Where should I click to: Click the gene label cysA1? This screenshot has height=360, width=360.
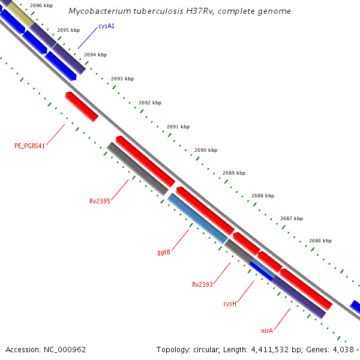(107, 26)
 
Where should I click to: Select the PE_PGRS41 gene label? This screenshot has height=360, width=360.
(30, 146)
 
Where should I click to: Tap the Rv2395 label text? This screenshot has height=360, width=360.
(100, 201)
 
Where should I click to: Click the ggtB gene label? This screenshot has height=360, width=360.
(164, 252)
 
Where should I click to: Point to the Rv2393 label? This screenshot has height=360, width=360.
(202, 284)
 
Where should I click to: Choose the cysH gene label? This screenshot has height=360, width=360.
(230, 304)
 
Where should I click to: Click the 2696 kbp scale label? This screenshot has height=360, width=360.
(41, 5)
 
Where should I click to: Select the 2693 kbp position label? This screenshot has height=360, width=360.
(122, 79)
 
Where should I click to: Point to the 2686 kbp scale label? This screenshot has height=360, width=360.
(320, 241)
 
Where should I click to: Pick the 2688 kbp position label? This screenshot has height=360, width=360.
(263, 196)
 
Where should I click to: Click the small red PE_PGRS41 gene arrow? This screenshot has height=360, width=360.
(82, 107)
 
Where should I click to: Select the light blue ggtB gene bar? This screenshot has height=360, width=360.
(197, 218)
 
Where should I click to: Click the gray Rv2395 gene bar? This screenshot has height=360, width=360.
(137, 169)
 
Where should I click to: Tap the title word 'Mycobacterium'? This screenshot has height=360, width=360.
(95, 11)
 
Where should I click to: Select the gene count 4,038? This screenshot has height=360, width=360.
(344, 349)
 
